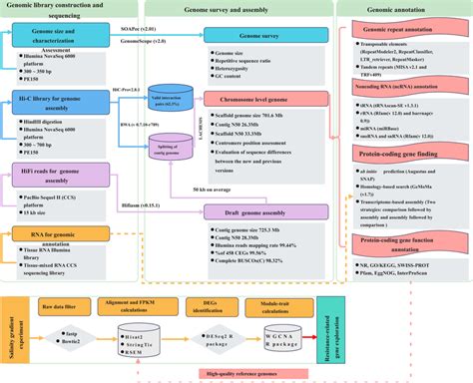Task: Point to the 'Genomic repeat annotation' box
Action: [x=403, y=31]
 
